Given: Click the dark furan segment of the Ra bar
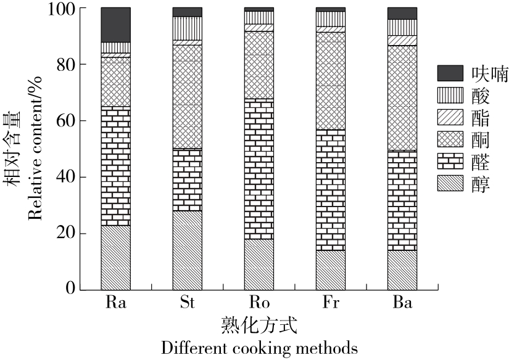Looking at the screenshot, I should [x=115, y=25].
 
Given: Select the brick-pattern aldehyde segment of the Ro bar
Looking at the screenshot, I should [x=259, y=169].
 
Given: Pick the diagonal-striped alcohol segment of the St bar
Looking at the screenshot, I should [x=187, y=250].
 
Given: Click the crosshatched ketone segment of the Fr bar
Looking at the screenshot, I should [x=331, y=81].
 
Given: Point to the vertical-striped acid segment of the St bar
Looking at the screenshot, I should [x=187, y=28].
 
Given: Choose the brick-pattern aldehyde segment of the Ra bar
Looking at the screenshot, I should [x=115, y=166].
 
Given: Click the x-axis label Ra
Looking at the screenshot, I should [x=115, y=303].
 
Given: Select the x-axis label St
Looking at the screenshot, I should [x=187, y=303].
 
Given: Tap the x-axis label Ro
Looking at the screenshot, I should [x=259, y=303].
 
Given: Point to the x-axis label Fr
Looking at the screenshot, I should [x=331, y=303].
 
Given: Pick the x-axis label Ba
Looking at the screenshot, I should [x=402, y=303].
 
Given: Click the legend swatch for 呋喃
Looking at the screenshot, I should [x=449, y=73].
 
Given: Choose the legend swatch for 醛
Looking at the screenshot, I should [x=449, y=162].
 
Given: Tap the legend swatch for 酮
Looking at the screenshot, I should [x=449, y=139].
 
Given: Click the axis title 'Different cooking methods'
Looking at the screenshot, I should [x=259, y=347].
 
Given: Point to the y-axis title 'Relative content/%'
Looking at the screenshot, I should [x=35, y=148].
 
